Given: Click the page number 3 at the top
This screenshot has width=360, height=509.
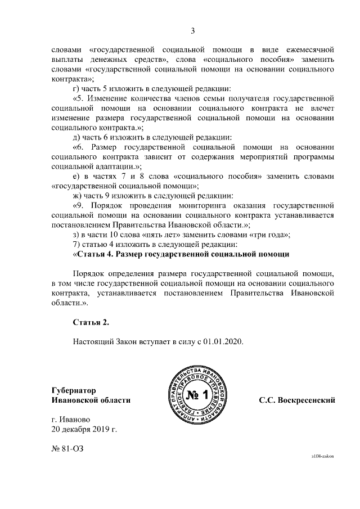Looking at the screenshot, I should pos(193,30).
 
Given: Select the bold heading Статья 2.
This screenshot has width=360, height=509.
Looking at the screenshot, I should pos(90,322).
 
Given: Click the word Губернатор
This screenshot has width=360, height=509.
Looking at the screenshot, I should pos(73,390).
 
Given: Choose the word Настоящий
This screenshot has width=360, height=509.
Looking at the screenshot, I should pos(93,341).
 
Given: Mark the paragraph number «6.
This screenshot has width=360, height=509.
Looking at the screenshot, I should pos(79,147).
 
